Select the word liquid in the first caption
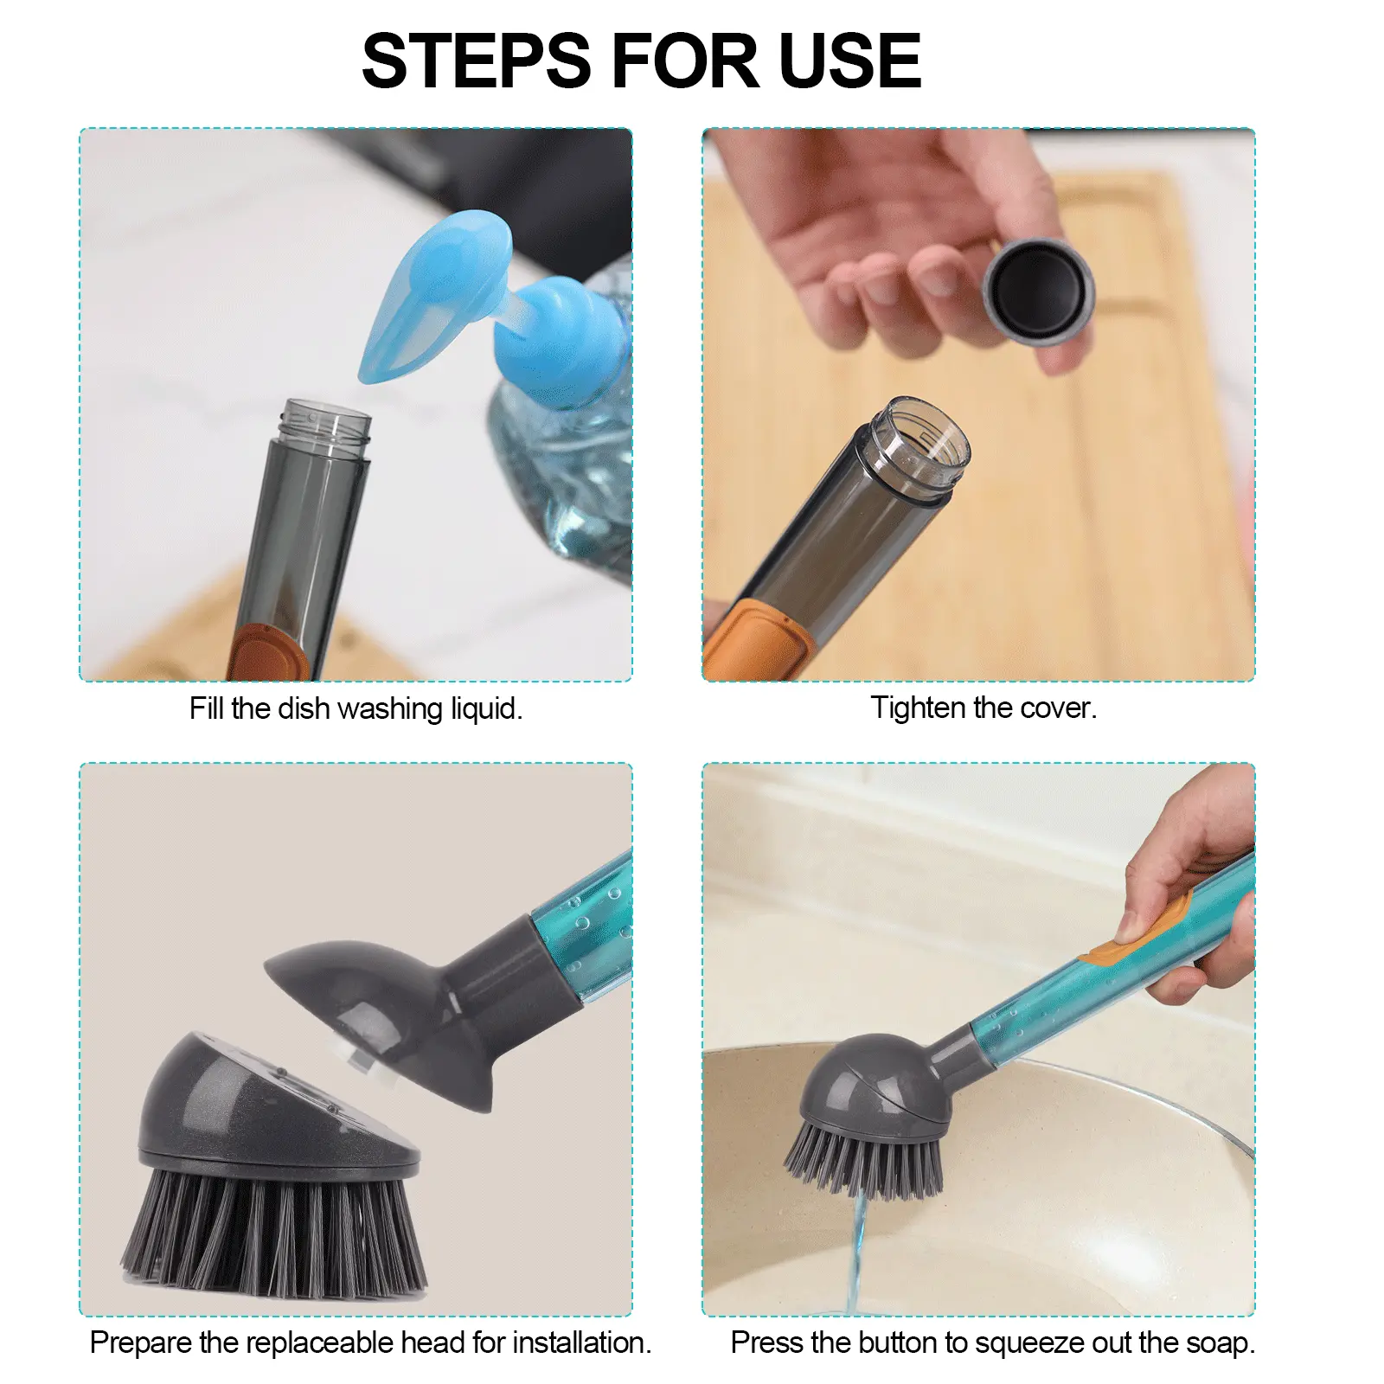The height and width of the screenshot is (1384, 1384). (x=486, y=709)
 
